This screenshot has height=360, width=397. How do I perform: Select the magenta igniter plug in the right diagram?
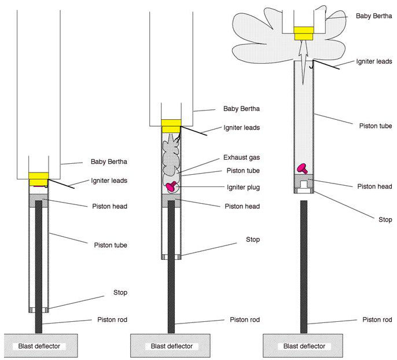(x=302, y=168)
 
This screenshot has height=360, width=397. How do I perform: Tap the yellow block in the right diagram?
(x=304, y=33)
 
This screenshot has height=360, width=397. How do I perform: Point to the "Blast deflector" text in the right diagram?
(x=304, y=347)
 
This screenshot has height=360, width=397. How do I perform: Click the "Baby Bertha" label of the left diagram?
(x=109, y=162)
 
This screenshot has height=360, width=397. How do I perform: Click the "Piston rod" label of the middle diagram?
(x=244, y=320)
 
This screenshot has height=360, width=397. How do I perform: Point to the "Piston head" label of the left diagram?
(x=111, y=207)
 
